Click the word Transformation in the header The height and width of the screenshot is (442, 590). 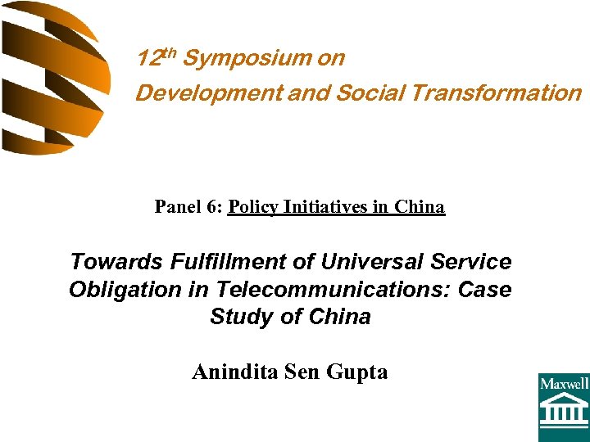point(496,93)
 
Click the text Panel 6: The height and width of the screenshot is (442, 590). point(188,207)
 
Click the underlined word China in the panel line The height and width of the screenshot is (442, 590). point(420,207)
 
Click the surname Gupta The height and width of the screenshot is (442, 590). point(356,373)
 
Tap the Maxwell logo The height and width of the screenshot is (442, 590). point(563,407)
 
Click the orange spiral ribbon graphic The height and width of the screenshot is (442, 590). point(53,78)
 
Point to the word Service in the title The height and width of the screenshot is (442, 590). point(470,262)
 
